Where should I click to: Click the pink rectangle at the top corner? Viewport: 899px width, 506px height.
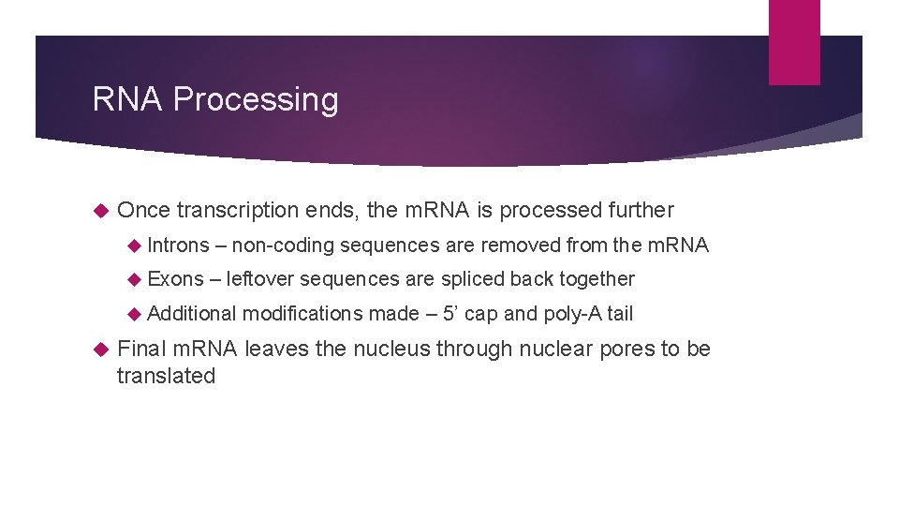[x=794, y=41]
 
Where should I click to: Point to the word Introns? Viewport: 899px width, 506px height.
[x=179, y=246]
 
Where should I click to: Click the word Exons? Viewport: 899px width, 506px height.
[x=175, y=279]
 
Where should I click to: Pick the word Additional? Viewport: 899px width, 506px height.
[x=192, y=313]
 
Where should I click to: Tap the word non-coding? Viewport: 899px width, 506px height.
[x=283, y=246]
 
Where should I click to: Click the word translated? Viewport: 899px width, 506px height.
[x=166, y=376]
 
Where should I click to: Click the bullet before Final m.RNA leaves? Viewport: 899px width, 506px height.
[x=102, y=350]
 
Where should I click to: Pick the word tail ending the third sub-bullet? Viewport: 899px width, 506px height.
[x=619, y=313]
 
